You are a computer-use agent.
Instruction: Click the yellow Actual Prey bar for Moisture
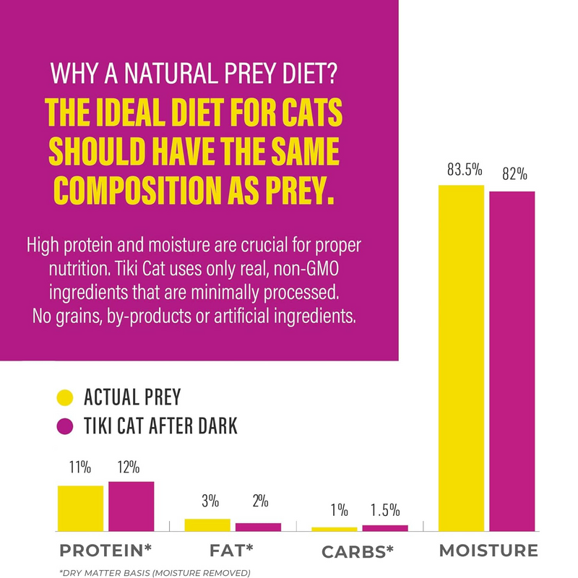pyautogui.click(x=461, y=358)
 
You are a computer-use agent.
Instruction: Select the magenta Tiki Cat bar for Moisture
pyautogui.click(x=512, y=361)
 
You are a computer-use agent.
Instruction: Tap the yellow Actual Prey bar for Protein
pyautogui.click(x=80, y=508)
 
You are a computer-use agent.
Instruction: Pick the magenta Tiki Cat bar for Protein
pyautogui.click(x=131, y=506)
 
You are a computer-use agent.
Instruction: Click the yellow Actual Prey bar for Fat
pyautogui.click(x=207, y=525)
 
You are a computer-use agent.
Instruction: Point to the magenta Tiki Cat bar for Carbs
pyautogui.click(x=384, y=527)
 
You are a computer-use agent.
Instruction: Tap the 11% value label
pyautogui.click(x=80, y=467)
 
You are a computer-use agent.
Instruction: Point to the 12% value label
pyautogui.click(x=130, y=467)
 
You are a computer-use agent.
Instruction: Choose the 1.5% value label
pyautogui.click(x=384, y=510)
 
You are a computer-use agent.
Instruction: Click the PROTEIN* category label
pyautogui.click(x=105, y=551)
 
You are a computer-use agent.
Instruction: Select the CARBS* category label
pyautogui.click(x=357, y=553)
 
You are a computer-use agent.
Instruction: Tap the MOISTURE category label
pyautogui.click(x=489, y=551)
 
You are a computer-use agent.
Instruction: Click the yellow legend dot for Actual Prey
pyautogui.click(x=66, y=397)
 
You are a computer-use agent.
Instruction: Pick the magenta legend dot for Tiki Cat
pyautogui.click(x=66, y=426)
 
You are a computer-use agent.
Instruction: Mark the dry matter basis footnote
pyautogui.click(x=155, y=572)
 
